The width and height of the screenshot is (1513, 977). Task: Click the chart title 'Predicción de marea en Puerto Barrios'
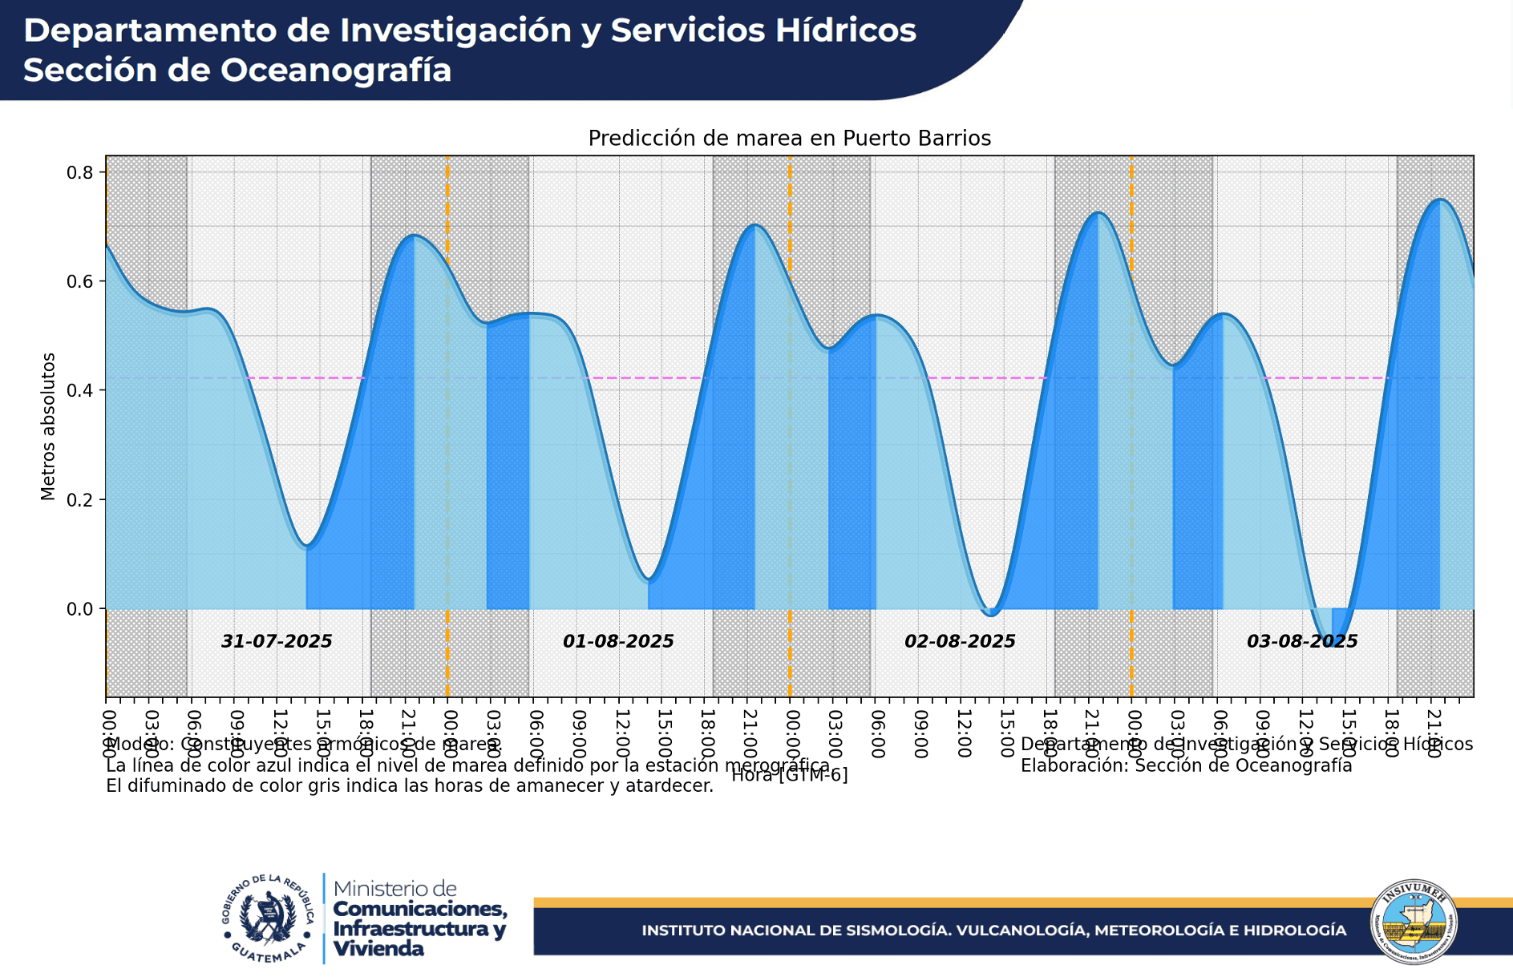coord(789,139)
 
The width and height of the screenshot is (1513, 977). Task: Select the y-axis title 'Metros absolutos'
coord(48,426)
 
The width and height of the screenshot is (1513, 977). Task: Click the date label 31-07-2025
coord(276,641)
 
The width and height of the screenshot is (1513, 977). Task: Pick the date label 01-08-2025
coord(617,641)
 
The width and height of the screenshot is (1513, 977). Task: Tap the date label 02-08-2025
coord(959,641)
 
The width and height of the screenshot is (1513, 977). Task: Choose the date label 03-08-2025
coord(1301,641)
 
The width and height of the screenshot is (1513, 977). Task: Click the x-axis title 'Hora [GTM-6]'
coord(789,774)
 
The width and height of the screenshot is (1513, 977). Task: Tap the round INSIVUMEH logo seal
coord(1414,922)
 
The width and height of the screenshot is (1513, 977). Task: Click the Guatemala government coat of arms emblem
coord(268,918)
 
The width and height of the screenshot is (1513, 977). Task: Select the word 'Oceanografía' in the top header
coord(336,71)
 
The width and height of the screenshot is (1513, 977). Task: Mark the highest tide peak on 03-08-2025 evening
coord(1440,200)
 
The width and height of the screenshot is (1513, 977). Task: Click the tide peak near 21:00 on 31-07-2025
coord(413,236)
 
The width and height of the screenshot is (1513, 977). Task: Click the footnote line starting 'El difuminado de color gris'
coord(409,786)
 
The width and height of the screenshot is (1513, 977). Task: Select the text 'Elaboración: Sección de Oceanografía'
coord(1186,765)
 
